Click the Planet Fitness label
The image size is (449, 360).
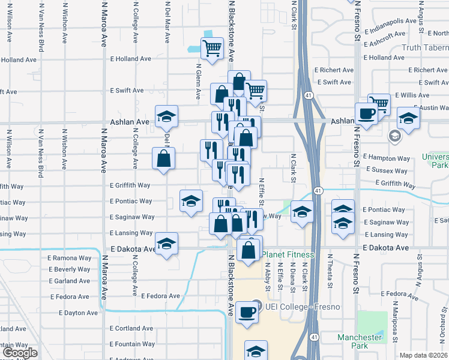(x=288, y=255)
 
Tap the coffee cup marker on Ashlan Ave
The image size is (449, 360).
(x=366, y=113)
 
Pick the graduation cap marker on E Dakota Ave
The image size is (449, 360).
(x=166, y=244)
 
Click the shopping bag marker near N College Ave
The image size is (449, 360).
(x=163, y=159)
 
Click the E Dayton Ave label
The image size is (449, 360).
(x=78, y=313)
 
